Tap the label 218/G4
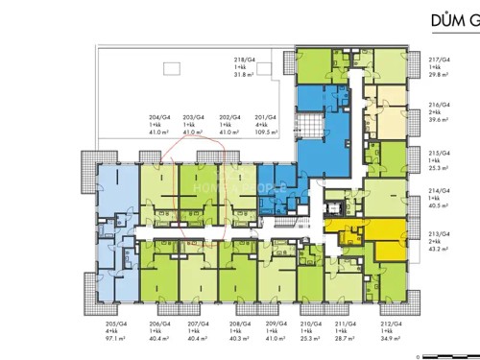[x=245, y=60]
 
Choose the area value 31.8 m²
[x=245, y=75]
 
